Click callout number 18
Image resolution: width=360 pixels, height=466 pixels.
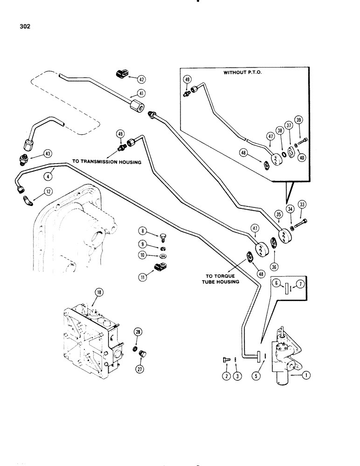[x=98, y=292]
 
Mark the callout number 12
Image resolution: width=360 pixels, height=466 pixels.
[x=48, y=190]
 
